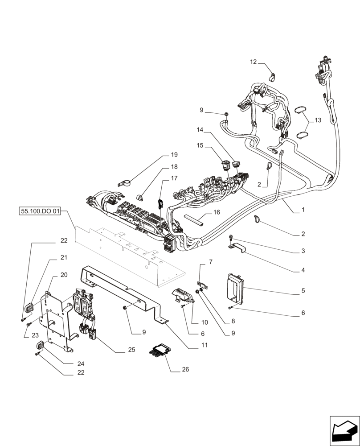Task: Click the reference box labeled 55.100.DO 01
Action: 40,211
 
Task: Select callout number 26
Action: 185,370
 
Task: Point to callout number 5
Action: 303,291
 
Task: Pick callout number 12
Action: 253,62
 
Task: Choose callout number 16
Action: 217,213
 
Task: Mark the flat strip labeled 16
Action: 192,219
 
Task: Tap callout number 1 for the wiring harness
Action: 303,209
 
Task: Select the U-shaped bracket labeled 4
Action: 238,248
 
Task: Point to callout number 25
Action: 131,350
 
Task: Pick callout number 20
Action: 64,275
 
